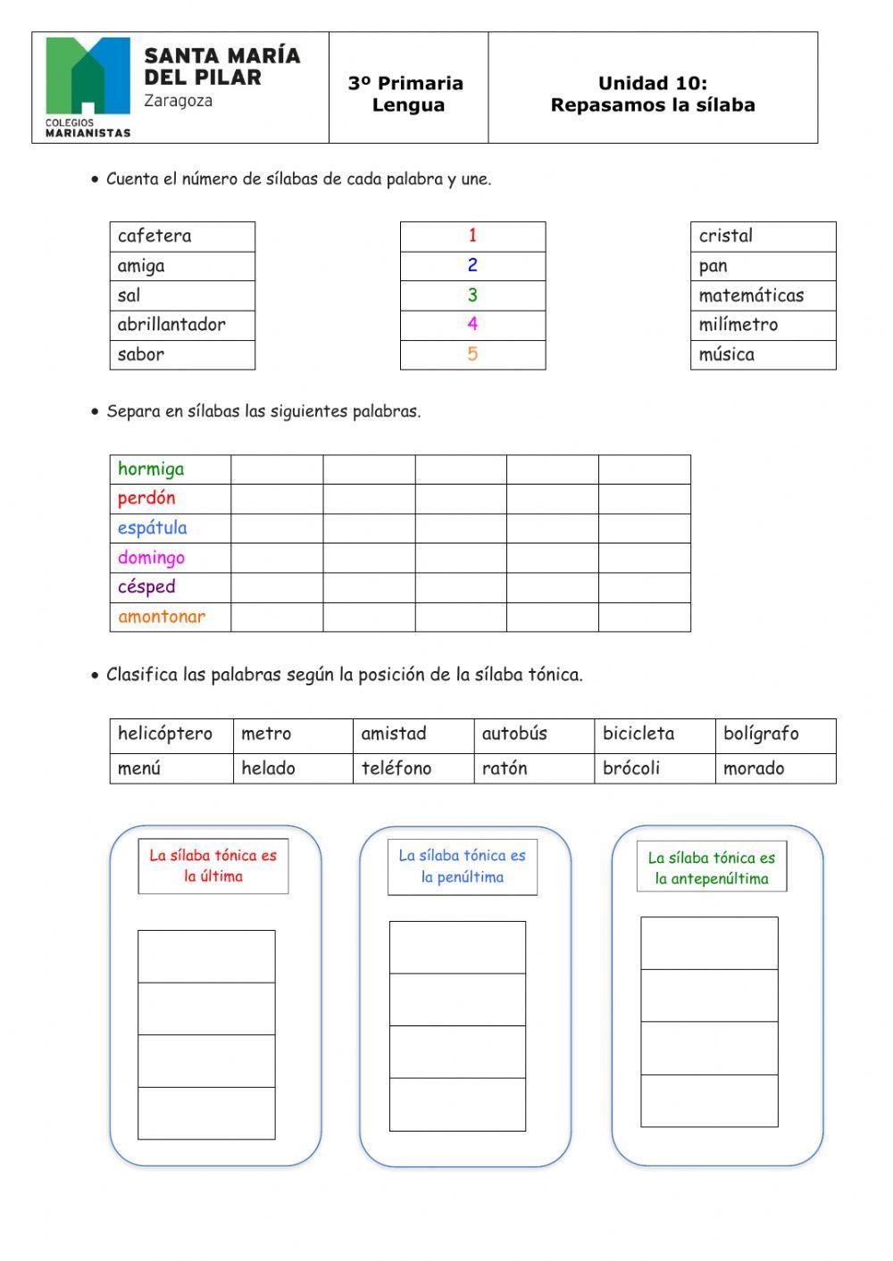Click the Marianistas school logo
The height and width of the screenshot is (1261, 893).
[88, 87]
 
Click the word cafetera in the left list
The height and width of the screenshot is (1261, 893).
[155, 236]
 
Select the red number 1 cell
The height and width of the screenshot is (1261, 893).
[472, 236]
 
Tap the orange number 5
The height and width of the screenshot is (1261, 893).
[472, 354]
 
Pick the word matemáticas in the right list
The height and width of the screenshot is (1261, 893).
[751, 295]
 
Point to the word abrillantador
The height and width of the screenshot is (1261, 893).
[171, 325]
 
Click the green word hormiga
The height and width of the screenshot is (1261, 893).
[151, 469]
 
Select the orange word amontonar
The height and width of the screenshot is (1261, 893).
[162, 617]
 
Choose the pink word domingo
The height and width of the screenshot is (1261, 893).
[151, 558]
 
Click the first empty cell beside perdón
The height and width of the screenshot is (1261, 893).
[277, 499]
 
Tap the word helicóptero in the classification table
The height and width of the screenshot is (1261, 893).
[165, 734]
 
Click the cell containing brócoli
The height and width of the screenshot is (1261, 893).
[631, 768]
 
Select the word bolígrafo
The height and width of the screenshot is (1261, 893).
[761, 734]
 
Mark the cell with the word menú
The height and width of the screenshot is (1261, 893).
[139, 768]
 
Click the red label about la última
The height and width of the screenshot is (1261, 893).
[213, 866]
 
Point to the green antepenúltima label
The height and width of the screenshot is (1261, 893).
[712, 868]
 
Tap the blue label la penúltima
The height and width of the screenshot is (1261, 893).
[463, 866]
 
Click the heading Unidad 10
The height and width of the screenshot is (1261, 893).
[653, 84]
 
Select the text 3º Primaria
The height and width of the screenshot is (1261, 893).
[406, 84]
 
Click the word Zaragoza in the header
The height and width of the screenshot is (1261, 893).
[179, 101]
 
